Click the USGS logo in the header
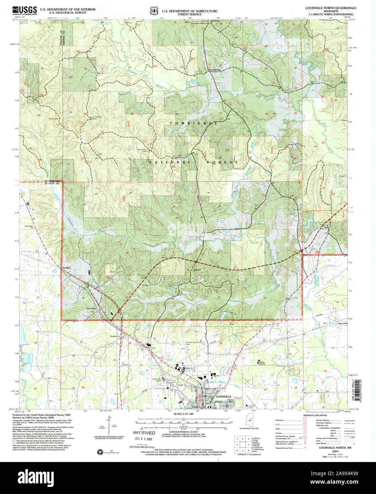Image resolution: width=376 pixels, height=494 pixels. [x=25, y=11]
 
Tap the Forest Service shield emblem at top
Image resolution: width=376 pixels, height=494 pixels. [x=154, y=11]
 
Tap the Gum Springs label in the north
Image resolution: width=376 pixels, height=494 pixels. [x=215, y=70]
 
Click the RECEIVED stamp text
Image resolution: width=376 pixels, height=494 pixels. [x=144, y=433]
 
